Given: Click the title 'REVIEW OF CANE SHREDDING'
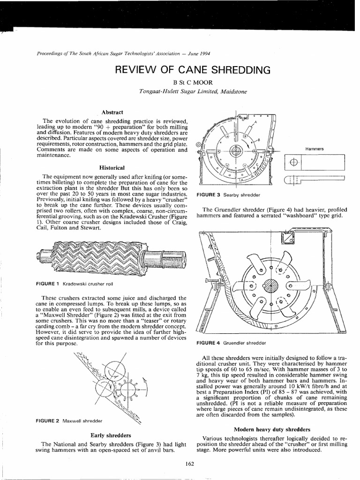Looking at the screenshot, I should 193,70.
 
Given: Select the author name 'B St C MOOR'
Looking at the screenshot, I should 180,82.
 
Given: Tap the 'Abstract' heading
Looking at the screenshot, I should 112,112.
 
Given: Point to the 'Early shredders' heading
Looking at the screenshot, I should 111,435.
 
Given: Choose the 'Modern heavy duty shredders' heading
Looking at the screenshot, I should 272,429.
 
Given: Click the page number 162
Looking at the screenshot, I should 190,464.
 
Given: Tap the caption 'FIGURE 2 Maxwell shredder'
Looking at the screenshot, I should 69,420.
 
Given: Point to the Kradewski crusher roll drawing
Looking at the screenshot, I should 111,258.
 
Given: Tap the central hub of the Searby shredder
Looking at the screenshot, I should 236,151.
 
